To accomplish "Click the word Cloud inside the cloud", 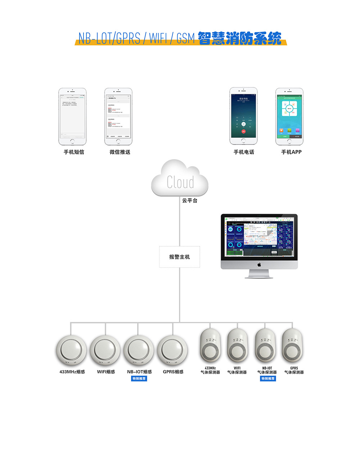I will pos(180,182).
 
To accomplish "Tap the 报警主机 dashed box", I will pos(180,257).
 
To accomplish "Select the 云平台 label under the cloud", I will pos(189,201).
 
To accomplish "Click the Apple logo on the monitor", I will pos(259,265).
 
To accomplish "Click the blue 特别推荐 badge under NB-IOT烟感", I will pos(139,379).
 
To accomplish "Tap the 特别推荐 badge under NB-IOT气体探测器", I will pos(268,379).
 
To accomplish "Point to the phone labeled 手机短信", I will pos(73,117).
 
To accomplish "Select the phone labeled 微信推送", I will pos(118,117).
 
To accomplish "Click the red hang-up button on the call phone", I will pos(244,131).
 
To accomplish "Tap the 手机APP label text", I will pos(291,152).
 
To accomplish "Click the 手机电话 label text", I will pos(244,152).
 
